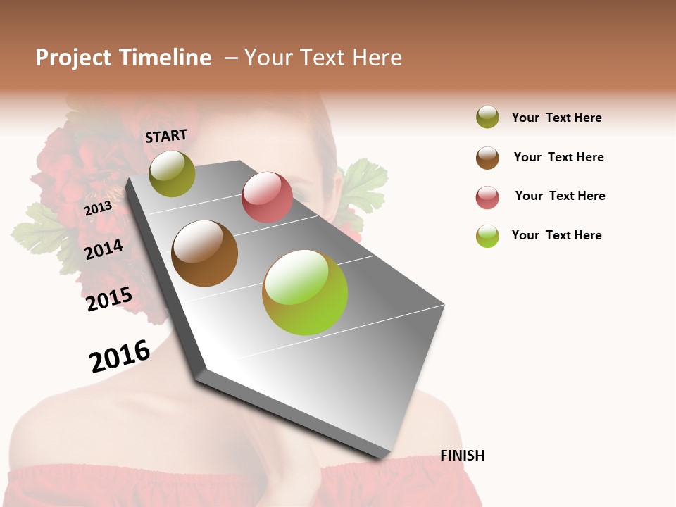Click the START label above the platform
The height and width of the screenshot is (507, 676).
pyautogui.click(x=166, y=136)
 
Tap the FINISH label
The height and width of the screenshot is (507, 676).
pyautogui.click(x=462, y=456)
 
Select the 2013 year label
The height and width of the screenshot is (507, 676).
pyautogui.click(x=98, y=208)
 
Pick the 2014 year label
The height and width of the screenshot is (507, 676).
pyautogui.click(x=104, y=249)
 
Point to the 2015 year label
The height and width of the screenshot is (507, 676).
pyautogui.click(x=109, y=299)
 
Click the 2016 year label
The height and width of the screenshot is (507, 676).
pyautogui.click(x=120, y=356)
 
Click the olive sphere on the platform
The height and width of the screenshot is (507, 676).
pyautogui.click(x=172, y=173)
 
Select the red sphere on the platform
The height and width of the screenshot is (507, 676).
pyautogui.click(x=267, y=197)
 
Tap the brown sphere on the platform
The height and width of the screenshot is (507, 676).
pyautogui.click(x=204, y=254)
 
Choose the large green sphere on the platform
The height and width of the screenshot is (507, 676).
pyautogui.click(x=305, y=292)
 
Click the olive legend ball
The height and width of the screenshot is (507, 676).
pyautogui.click(x=487, y=117)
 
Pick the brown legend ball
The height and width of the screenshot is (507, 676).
pyautogui.click(x=487, y=157)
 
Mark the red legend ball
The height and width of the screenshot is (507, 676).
pyautogui.click(x=487, y=197)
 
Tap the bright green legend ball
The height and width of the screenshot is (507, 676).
pyautogui.click(x=487, y=236)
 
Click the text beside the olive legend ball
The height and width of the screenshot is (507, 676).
pyautogui.click(x=556, y=118)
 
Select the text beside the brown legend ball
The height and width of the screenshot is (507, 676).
pyautogui.click(x=558, y=157)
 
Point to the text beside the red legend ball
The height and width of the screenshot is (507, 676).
pyautogui.click(x=560, y=196)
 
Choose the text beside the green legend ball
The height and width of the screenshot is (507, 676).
pyautogui.click(x=556, y=235)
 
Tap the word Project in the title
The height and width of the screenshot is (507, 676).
pyautogui.click(x=74, y=58)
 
